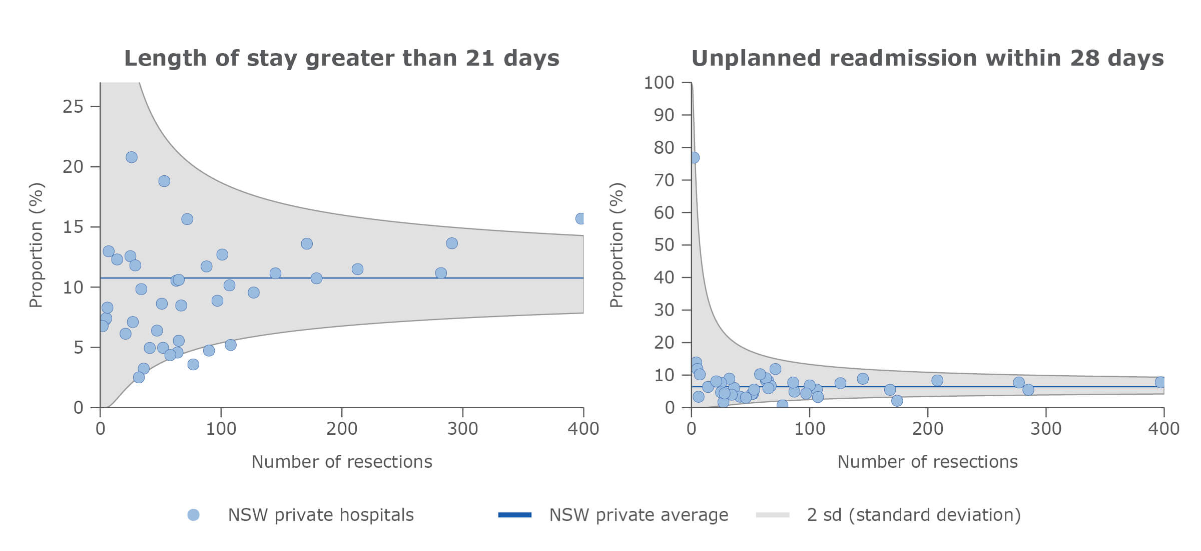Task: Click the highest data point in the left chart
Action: pos(131,157)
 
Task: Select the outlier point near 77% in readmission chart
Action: pos(694,158)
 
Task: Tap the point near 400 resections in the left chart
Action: pos(580,218)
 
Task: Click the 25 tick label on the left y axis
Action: pos(73,107)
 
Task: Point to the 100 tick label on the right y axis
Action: pos(659,83)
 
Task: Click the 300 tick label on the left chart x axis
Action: pos(462,429)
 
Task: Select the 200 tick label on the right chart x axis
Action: pos(927,429)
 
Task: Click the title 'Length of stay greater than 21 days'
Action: pos(341,58)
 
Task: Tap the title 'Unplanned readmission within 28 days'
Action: pos(927,58)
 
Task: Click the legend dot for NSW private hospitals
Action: pos(193,515)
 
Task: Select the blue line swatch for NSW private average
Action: pos(514,515)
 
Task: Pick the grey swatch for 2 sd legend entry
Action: pos(772,515)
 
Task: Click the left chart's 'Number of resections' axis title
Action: pos(341,462)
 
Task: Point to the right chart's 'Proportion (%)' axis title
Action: pos(617,245)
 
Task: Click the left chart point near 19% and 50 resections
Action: pos(164,181)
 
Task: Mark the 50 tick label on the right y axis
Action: pos(664,245)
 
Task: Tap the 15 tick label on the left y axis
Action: pos(73,227)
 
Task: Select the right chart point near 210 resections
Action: pos(937,381)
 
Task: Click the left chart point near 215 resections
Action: pos(357,269)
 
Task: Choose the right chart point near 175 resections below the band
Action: pos(897,401)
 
